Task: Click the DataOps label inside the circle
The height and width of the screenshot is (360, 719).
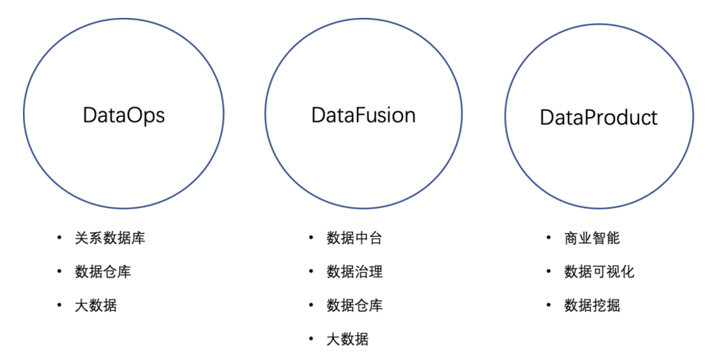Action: (x=124, y=115)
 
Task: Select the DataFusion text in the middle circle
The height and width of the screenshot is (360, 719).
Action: (x=363, y=115)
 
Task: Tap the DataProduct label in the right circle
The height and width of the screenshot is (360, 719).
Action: (x=598, y=117)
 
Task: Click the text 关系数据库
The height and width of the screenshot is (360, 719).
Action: (x=110, y=238)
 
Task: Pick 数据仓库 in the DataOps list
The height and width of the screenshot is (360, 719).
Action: (x=103, y=272)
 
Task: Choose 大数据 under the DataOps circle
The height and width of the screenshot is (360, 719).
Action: (x=96, y=305)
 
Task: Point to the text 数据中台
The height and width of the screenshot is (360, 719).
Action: (x=354, y=238)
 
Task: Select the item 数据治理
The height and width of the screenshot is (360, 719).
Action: (x=354, y=272)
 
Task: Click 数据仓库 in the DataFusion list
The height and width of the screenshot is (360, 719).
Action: (x=354, y=305)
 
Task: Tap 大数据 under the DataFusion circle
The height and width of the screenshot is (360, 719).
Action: (x=347, y=339)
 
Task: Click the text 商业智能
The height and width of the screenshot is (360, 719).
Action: (x=592, y=238)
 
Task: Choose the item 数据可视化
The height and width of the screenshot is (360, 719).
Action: (x=599, y=272)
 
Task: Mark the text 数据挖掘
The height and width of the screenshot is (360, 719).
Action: (x=592, y=305)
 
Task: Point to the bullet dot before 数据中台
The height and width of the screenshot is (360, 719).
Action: (x=311, y=238)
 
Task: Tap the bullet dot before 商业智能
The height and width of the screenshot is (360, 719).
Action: (x=549, y=238)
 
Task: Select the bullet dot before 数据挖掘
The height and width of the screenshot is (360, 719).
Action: (x=549, y=305)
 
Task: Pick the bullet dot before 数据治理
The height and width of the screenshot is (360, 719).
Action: (x=311, y=272)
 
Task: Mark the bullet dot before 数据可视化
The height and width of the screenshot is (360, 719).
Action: (x=549, y=272)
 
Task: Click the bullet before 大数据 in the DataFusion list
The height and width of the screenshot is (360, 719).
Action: (x=311, y=339)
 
